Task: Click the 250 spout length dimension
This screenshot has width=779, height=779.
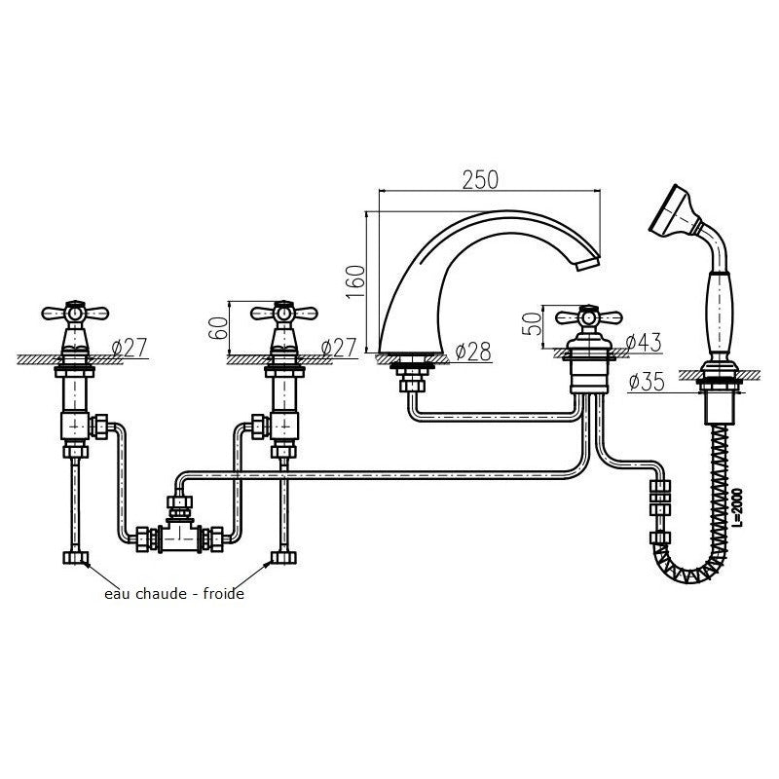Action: [x=480, y=180]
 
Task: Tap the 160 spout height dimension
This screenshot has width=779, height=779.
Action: [x=355, y=281]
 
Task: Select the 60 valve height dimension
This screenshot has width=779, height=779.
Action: [x=218, y=328]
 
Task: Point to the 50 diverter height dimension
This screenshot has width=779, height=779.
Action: [x=532, y=323]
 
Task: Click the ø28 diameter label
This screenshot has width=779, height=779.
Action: [x=473, y=352]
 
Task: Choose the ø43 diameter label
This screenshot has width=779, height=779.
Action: [x=644, y=343]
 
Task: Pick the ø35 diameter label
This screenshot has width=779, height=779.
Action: [x=647, y=382]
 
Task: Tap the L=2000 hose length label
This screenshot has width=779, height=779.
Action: [x=738, y=507]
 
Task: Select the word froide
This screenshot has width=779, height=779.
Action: [x=224, y=594]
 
